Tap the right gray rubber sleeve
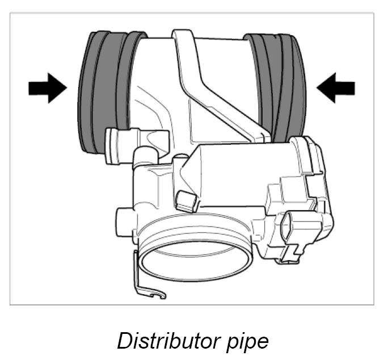coord(278,85)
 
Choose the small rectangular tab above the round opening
coord(186,200)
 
